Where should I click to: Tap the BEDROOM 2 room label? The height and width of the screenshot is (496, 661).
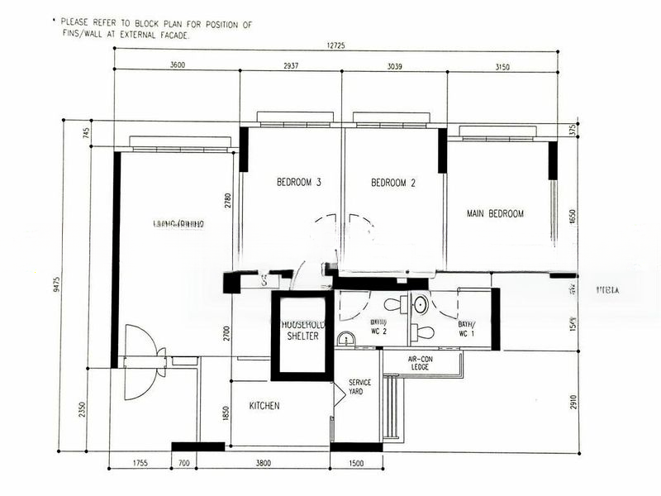pos(392,183)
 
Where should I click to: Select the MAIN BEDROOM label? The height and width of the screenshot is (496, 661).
pos(495,213)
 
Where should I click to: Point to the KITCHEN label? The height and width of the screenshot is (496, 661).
pos(264,406)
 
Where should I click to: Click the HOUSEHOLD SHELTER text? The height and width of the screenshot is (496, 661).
pos(302,331)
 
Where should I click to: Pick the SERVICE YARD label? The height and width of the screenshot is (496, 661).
pos(359,387)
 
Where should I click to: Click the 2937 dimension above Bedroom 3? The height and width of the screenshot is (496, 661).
pos(291,65)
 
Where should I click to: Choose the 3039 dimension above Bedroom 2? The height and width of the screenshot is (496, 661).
pos(394,65)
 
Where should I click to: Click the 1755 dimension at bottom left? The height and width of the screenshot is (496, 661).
pos(140,464)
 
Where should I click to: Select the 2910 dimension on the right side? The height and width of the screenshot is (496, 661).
pos(572,400)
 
